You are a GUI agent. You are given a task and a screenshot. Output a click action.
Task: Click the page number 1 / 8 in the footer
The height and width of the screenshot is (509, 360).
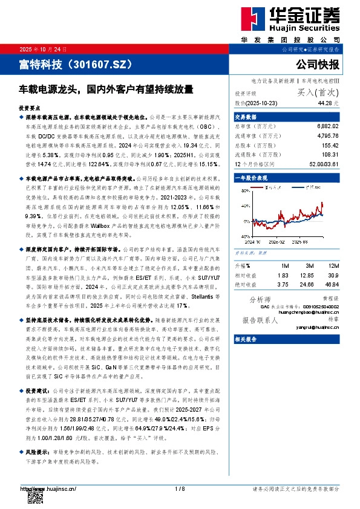[180, 488]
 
